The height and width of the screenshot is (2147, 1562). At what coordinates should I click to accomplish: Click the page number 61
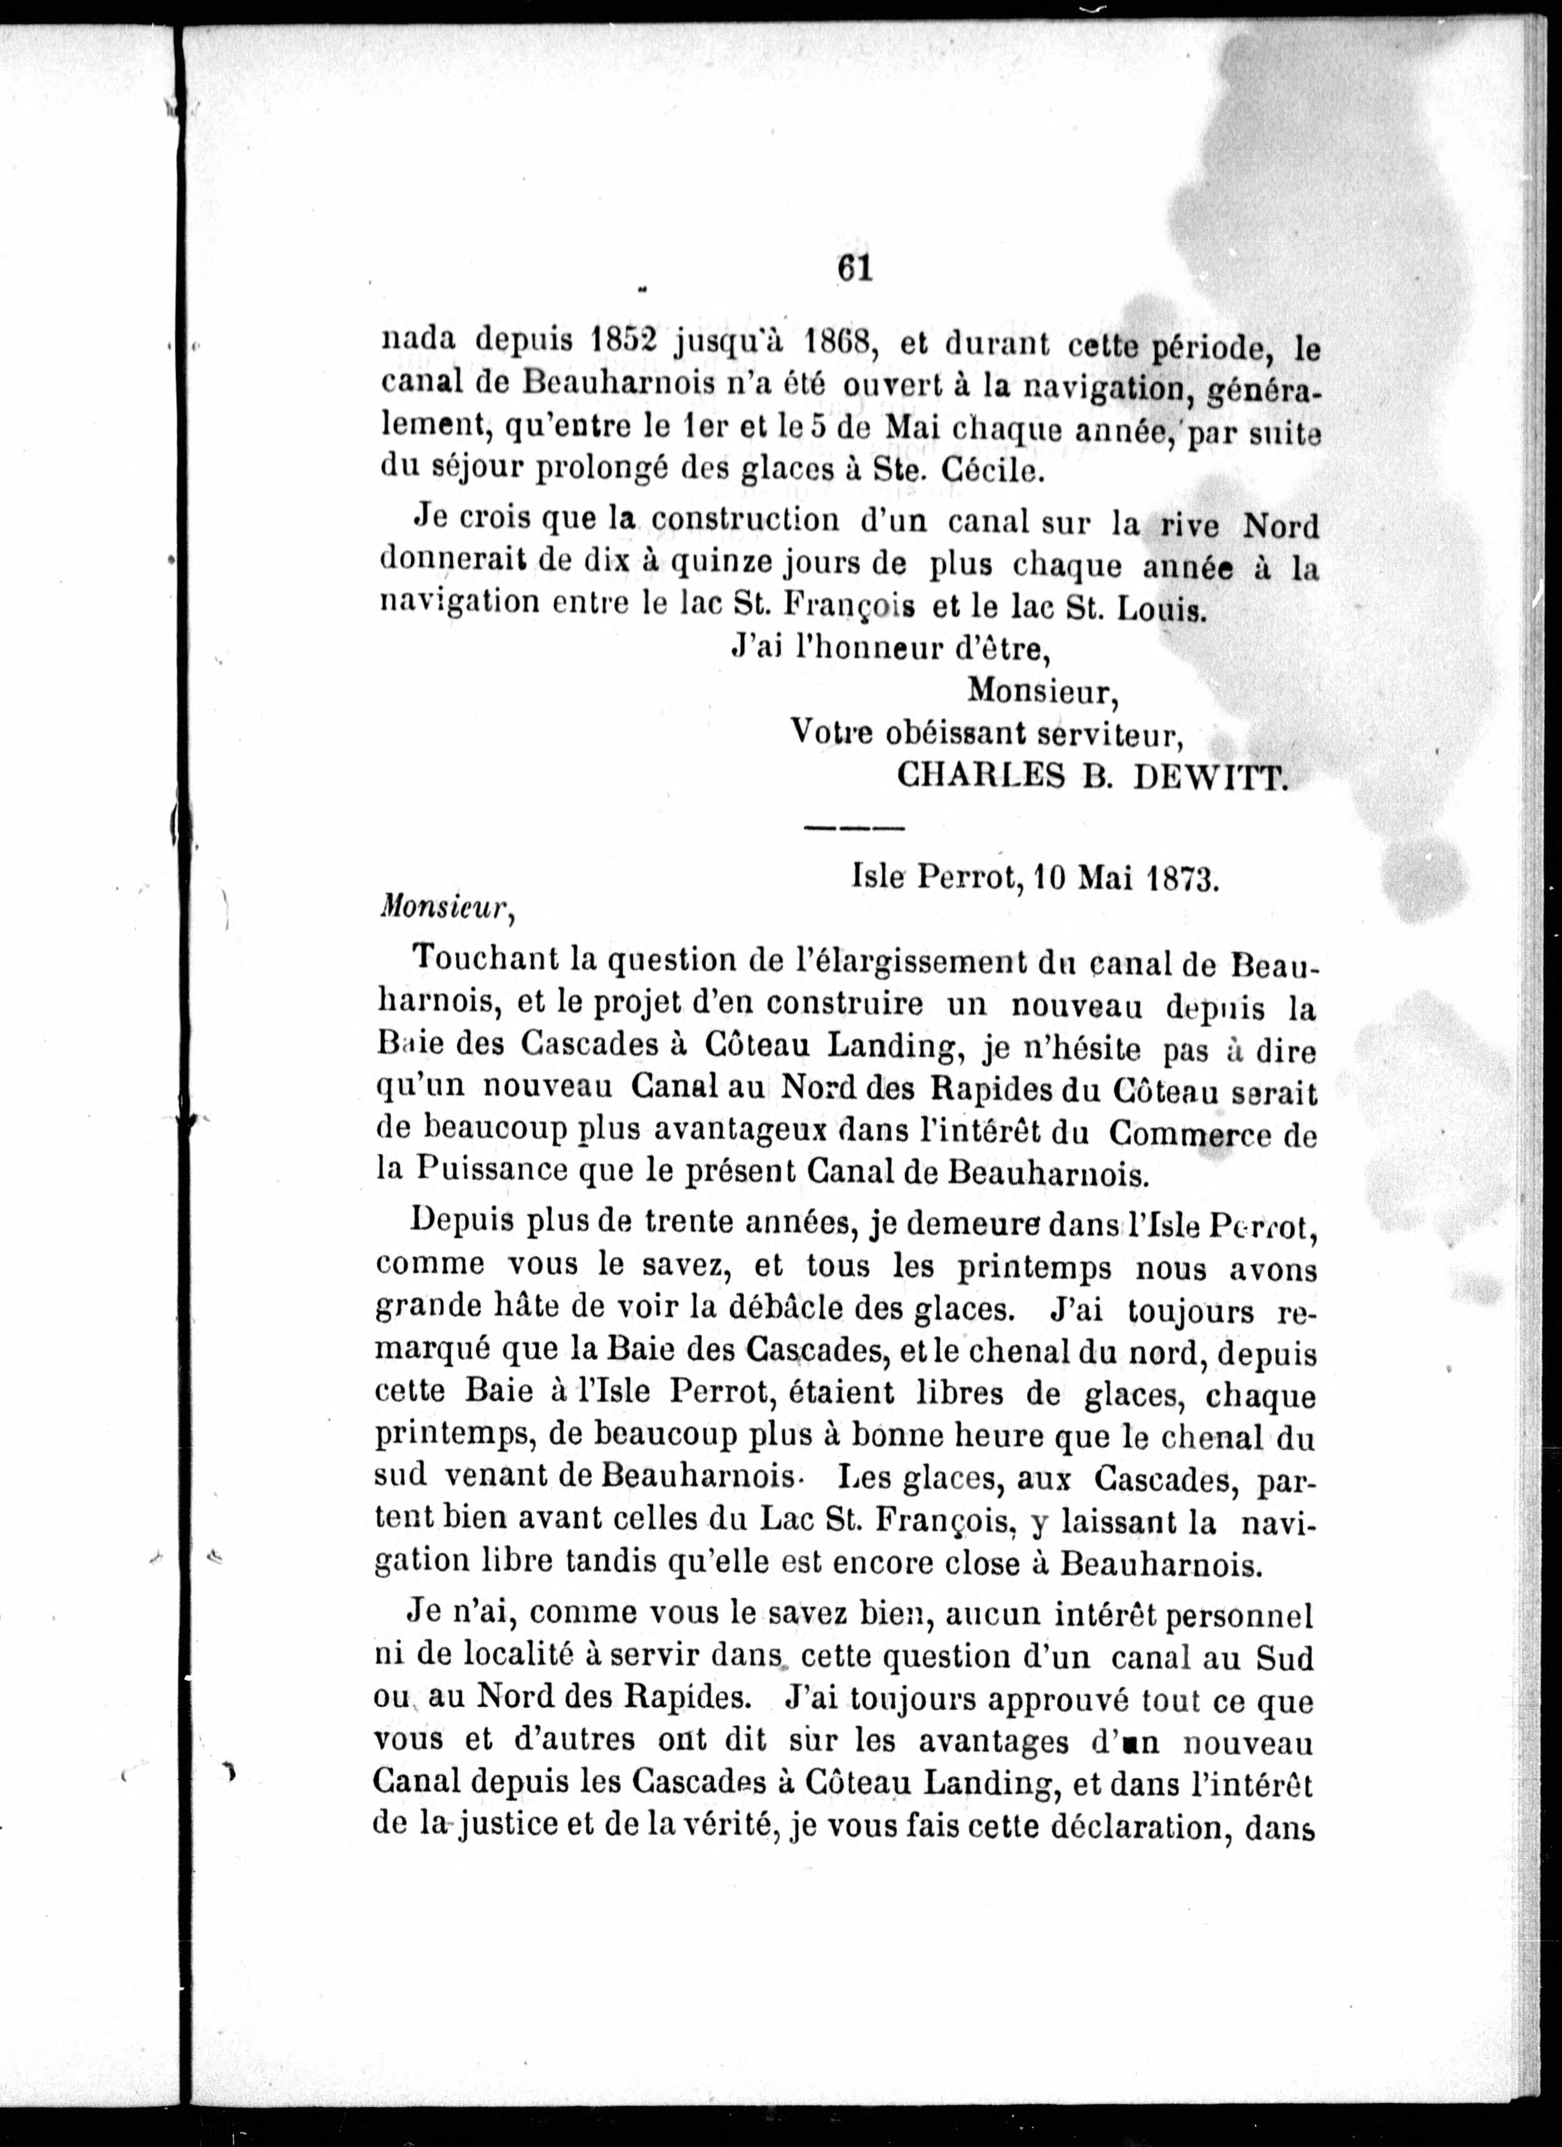click(x=854, y=268)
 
